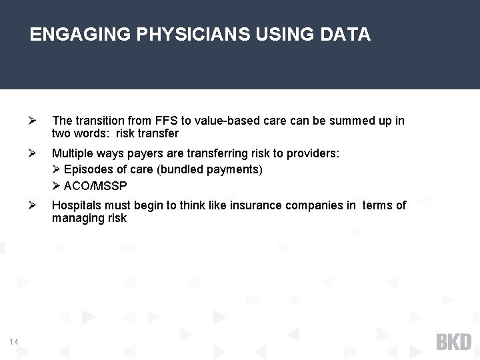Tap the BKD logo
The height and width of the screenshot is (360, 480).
(453, 342)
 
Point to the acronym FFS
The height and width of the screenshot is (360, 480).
(164, 121)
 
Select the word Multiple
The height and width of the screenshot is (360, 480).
(72, 153)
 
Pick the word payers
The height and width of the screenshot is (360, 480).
(143, 153)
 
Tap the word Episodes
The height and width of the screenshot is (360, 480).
(87, 169)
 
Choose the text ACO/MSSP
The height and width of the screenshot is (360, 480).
(95, 185)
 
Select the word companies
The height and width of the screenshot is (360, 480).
(314, 205)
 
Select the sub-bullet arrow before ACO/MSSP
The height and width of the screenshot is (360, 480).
(57, 185)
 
